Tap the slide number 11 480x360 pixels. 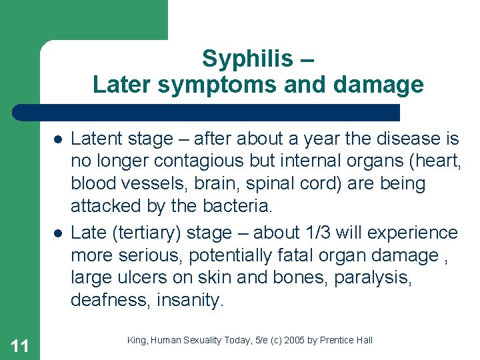pos(20,345)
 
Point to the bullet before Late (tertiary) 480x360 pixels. pos(59,233)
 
